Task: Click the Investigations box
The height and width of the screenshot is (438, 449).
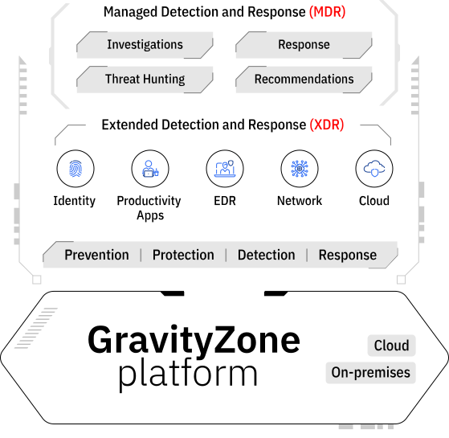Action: [145, 45]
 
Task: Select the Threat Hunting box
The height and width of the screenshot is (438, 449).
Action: [145, 80]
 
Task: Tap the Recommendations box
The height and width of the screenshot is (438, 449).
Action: [304, 80]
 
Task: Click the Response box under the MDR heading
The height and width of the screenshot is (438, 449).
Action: [304, 45]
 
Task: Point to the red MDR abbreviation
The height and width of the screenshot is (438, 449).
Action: [327, 12]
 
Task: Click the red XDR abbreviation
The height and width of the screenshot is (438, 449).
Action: [327, 125]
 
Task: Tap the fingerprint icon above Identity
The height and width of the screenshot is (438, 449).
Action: [76, 169]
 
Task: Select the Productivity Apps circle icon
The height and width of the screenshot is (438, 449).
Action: [150, 169]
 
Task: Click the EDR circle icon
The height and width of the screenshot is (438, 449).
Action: [225, 169]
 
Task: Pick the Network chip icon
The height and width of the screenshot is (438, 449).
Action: [300, 169]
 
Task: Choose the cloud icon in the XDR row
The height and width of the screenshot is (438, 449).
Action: [374, 169]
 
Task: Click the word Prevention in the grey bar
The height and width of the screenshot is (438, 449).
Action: [96, 255]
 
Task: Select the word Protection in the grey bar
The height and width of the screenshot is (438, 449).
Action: [183, 255]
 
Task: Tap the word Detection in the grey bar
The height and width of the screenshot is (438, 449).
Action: [267, 255]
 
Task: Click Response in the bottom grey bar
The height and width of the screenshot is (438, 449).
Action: [348, 256]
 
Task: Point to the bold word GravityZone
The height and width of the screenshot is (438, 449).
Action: [194, 341]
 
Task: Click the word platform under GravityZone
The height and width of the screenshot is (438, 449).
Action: [188, 375]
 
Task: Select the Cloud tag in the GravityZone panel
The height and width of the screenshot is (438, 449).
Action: [391, 346]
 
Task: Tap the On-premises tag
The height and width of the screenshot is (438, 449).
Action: [370, 373]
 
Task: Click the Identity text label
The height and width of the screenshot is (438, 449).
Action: [75, 201]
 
